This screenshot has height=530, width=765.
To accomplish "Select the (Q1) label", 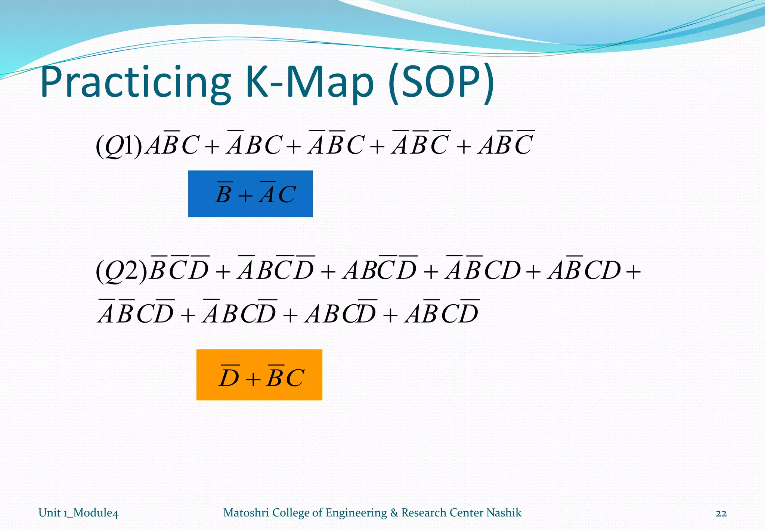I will pos(119,145).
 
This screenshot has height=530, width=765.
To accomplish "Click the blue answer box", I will pos(250,194).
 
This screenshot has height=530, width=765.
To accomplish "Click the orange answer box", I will pos(259,375).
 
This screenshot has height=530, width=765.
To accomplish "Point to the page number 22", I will pos(721,513).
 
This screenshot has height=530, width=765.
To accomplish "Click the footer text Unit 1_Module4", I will pos(78,513).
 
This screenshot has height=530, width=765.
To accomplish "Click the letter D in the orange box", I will pos(229,378).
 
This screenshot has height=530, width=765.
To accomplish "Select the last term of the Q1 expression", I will pos(507,145).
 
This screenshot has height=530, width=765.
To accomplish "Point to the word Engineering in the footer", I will pos(356,513).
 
